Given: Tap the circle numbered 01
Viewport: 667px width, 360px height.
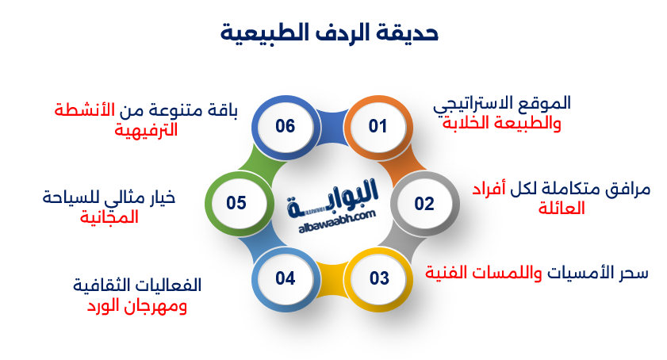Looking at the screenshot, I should pos(378,126).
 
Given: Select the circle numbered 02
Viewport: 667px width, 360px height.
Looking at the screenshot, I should pos(424,204).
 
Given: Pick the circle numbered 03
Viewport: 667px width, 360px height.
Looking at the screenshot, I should pos(379,278).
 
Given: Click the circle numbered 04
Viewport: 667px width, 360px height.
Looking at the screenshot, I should pos(286,278).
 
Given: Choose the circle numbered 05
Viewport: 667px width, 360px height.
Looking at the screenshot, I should pos(236,204).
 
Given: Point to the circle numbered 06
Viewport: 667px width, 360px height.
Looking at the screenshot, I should pos(285,126).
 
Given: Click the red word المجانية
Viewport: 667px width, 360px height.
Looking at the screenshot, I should pos(109,216).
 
